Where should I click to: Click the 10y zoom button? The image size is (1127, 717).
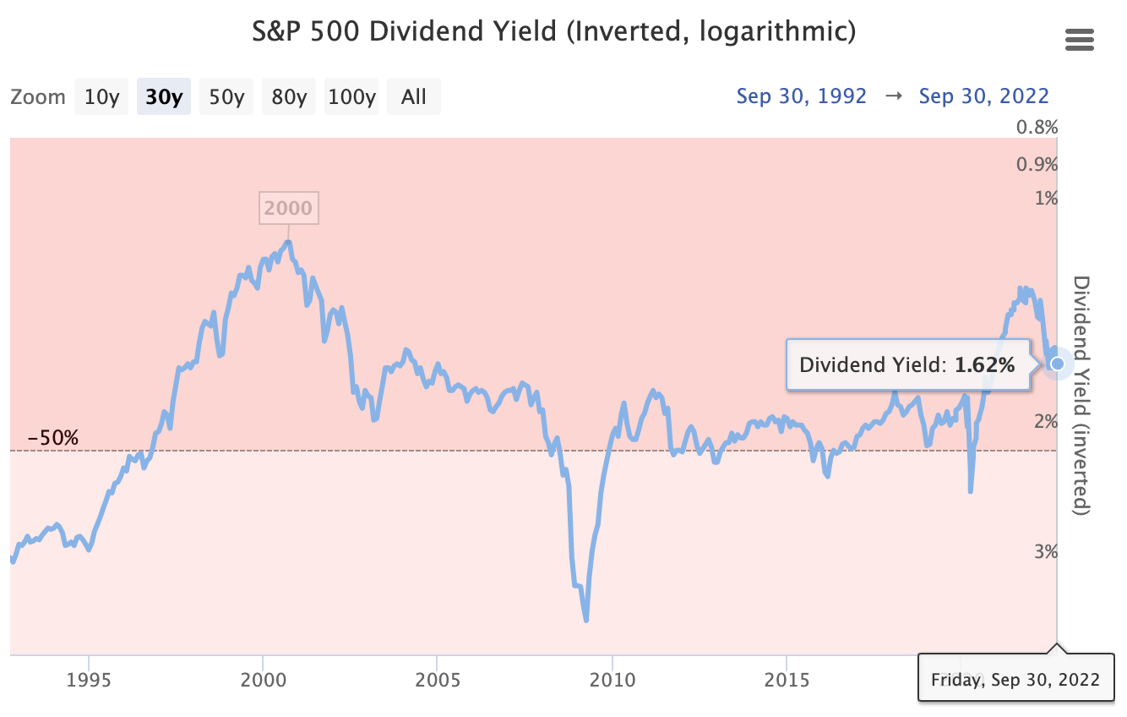101,96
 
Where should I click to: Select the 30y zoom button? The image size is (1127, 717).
164,96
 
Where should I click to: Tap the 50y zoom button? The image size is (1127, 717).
226,96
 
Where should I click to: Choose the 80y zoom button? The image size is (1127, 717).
289,96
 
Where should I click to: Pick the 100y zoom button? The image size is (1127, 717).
351,96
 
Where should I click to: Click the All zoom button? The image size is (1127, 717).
414,96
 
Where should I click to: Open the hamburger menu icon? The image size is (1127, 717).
1080,40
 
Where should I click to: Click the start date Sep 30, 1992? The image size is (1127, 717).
801,96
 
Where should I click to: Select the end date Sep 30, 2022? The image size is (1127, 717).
983,96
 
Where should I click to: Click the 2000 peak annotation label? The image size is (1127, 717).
288,208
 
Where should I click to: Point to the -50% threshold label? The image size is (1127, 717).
52,438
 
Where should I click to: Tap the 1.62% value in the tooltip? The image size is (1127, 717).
984,365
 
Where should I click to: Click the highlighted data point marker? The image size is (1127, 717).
1057,364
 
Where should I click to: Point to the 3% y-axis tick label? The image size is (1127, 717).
1046,552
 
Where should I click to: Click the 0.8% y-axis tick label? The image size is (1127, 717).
1037,128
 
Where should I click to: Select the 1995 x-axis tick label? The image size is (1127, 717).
89,679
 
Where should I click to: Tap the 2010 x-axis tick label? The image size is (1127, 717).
612,679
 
